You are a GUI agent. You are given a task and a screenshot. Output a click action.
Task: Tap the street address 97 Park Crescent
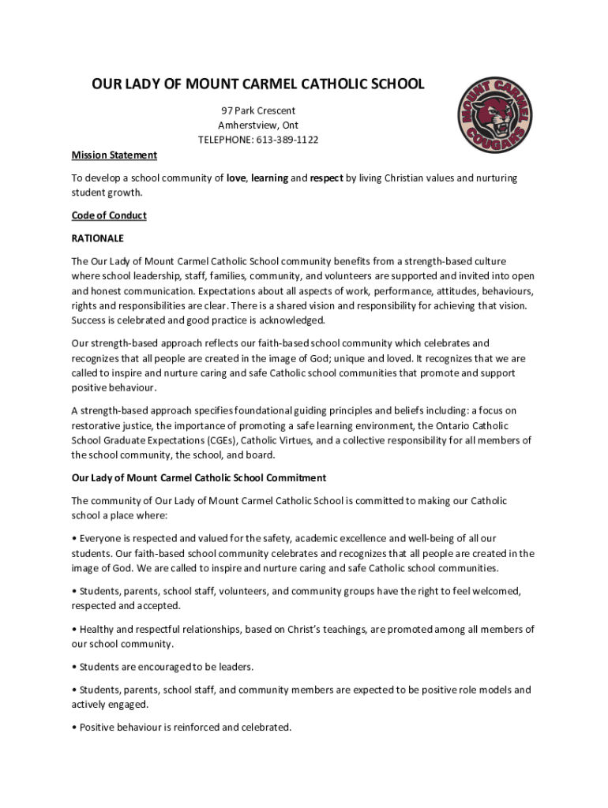click(258, 110)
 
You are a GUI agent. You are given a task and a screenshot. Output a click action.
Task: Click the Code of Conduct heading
click(109, 215)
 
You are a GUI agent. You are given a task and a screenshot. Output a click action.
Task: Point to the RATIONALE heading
click(98, 238)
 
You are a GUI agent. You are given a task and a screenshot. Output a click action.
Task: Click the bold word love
click(236, 178)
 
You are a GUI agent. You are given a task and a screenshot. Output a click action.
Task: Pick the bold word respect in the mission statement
click(326, 178)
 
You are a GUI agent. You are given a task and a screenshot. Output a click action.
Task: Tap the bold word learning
click(269, 178)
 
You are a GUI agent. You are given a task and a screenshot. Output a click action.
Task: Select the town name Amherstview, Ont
click(258, 125)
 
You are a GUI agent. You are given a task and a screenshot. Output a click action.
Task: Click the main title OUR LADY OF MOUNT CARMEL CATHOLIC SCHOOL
click(258, 84)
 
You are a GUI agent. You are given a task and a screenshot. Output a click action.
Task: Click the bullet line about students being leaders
click(163, 667)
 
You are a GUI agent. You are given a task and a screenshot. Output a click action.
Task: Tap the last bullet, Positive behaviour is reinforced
click(182, 727)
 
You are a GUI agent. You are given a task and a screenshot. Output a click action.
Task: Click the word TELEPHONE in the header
click(226, 140)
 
